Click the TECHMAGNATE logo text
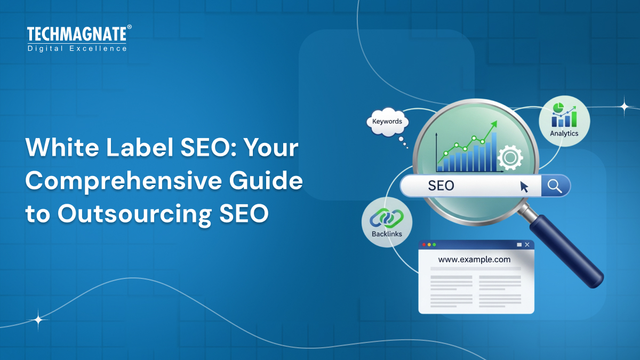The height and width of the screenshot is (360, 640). coord(77,35)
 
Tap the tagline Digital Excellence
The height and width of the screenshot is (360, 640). coord(77,49)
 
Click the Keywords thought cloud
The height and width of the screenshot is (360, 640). coord(387,122)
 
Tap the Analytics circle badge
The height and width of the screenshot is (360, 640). coord(564,122)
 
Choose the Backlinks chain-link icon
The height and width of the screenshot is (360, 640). coord(387,218)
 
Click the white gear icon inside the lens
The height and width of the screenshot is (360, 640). coord(509,157)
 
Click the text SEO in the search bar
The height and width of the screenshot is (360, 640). coord(441,186)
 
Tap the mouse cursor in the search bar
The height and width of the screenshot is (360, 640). coord(524,186)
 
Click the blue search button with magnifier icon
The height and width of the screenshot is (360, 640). coord(555,186)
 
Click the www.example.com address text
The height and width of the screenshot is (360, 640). coord(474,260)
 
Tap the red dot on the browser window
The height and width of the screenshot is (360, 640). coord(424,245)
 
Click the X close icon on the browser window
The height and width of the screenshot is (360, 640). coord(527,245)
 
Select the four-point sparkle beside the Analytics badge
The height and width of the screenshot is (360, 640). coord(623,106)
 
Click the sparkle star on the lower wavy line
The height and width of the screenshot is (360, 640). coord(38,320)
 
